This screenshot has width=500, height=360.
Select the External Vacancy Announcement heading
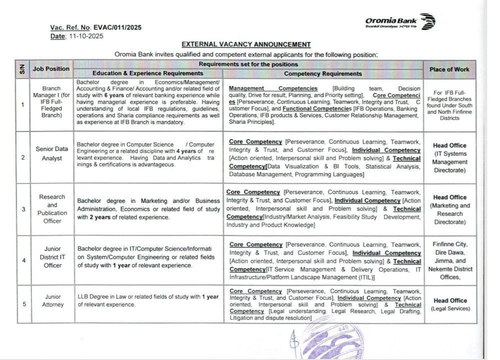tap(246, 44)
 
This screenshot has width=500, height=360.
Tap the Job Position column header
tap(51, 68)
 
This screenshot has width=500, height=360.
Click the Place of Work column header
tap(449, 69)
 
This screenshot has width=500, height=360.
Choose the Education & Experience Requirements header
tap(148, 73)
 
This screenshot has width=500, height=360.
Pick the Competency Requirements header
tap(323, 73)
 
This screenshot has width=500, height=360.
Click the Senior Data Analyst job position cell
tap(51, 153)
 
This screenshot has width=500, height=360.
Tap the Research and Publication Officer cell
tap(52, 208)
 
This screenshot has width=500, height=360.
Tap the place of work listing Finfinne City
tap(450, 244)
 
